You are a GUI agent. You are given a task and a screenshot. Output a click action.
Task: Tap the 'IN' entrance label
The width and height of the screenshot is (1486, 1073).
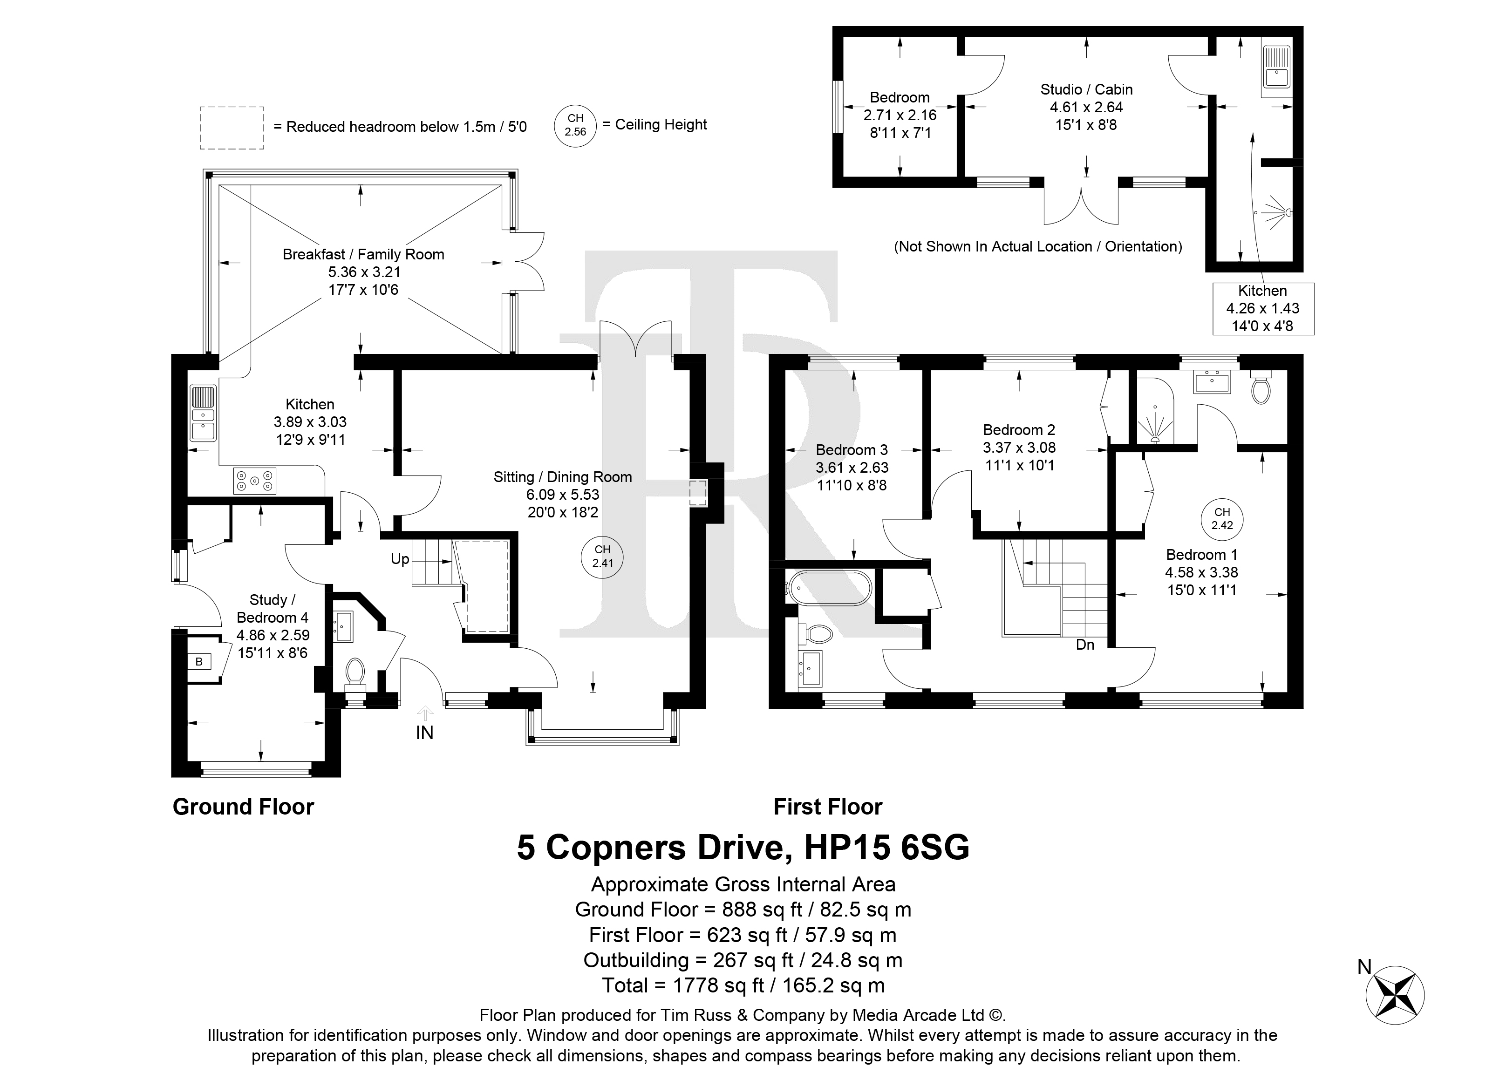point(424,733)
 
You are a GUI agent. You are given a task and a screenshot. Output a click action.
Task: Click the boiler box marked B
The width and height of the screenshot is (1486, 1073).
point(199,662)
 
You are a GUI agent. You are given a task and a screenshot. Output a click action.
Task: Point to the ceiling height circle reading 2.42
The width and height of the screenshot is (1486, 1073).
point(1221,519)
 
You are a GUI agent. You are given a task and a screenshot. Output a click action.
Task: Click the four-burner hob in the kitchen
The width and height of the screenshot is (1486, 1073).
point(255,480)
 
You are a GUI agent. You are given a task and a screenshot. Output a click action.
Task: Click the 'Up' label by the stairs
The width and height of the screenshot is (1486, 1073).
point(400,559)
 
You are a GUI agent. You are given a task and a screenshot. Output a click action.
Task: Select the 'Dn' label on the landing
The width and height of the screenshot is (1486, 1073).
point(1085,645)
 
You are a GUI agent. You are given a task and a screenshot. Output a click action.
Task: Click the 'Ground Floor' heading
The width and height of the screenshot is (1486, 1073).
point(243,807)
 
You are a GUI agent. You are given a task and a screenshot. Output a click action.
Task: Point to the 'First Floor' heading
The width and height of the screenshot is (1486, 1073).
point(827,807)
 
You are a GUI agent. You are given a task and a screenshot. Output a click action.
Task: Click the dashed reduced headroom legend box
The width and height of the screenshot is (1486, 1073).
point(232,128)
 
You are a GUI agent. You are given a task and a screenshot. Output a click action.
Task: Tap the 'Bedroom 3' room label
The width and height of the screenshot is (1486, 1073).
point(852,450)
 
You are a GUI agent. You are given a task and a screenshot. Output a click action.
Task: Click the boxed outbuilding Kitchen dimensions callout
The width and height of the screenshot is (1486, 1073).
point(1263,309)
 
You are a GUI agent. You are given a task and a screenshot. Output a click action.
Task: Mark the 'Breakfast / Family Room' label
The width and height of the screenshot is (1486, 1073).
point(364,254)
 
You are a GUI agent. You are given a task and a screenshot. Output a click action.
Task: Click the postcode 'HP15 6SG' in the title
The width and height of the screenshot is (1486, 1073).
point(886,847)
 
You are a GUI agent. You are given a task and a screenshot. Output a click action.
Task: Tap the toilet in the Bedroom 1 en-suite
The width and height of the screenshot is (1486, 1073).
point(1261,388)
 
